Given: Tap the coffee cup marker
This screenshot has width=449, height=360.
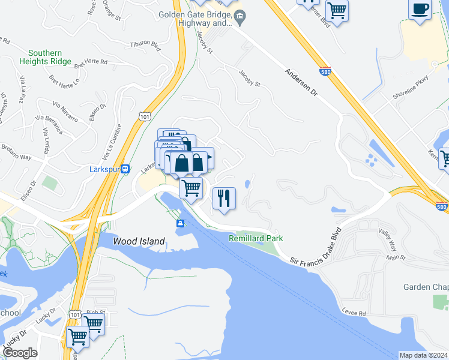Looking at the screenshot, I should (420, 10).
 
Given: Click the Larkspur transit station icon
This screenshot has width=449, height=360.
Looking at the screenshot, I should (125, 169).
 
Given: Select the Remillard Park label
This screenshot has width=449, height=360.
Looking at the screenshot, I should (255, 238).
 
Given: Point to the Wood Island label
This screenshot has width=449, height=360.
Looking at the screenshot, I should (139, 241).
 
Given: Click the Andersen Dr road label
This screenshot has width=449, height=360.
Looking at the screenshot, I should (304, 85).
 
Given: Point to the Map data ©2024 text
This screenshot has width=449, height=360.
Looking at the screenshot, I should (423, 355).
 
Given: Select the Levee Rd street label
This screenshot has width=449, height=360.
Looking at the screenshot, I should (354, 313).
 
